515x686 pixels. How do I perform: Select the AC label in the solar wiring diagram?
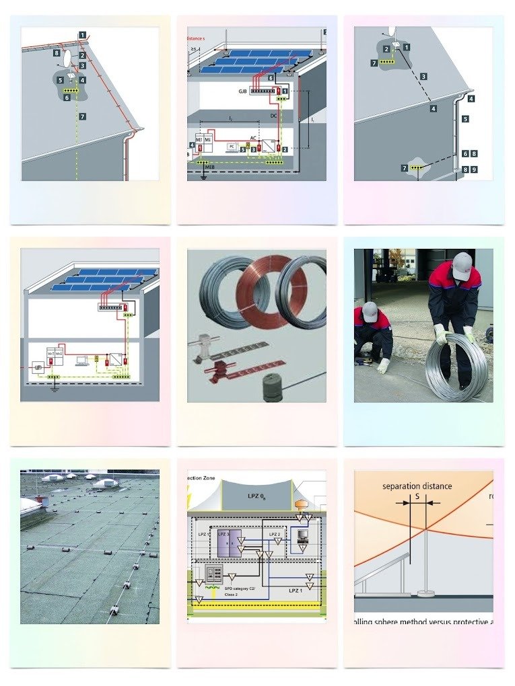253,137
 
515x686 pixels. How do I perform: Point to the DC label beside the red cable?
274,116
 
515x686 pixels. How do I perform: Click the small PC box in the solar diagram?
230,145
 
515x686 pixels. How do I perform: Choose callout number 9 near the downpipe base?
475,170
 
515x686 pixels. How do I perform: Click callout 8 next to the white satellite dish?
57,52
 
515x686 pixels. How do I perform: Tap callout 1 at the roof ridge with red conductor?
82,34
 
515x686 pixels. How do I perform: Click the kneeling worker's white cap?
370,311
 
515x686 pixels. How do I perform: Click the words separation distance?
417,486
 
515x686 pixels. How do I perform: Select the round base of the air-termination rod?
425,593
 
